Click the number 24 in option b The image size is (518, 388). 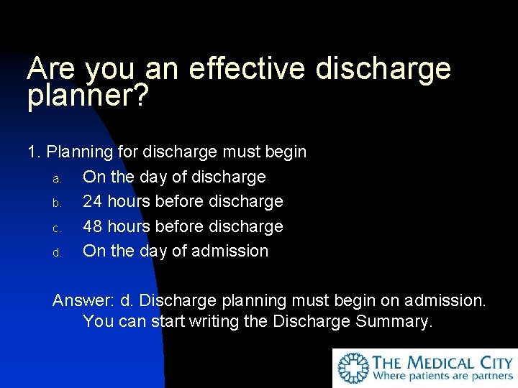coord(92,201)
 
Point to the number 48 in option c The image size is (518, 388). coord(92,226)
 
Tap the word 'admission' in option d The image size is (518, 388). coord(232,251)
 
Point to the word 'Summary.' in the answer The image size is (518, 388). coord(394,321)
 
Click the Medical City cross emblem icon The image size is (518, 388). coord(353,368)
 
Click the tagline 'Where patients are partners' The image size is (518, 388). coord(442,376)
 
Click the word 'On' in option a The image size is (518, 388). coord(92,177)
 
